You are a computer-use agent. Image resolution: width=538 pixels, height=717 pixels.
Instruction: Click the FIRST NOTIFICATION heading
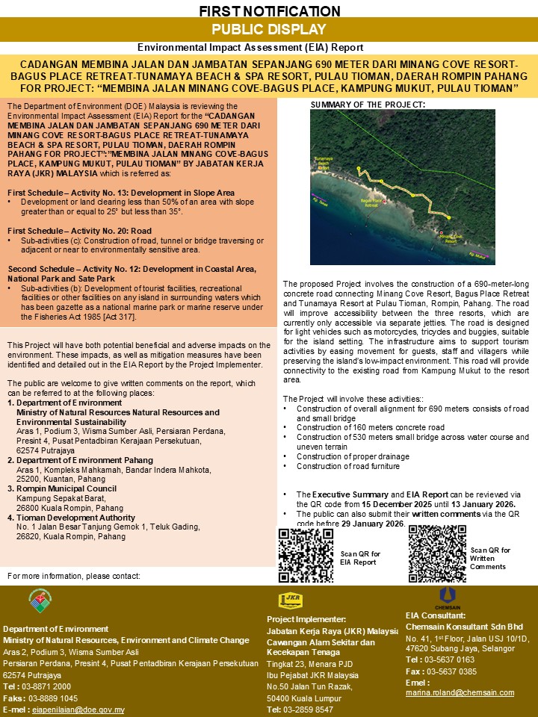[269, 11]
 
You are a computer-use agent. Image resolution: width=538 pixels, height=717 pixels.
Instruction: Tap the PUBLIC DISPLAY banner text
[269, 30]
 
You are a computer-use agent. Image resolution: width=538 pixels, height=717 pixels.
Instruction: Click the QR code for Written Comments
[437, 553]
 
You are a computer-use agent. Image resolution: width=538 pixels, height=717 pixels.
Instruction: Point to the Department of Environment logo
[40, 600]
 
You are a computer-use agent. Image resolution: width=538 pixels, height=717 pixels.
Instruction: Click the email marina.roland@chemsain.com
[460, 692]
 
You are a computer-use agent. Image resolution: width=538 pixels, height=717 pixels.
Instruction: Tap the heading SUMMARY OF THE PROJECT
[368, 104]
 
